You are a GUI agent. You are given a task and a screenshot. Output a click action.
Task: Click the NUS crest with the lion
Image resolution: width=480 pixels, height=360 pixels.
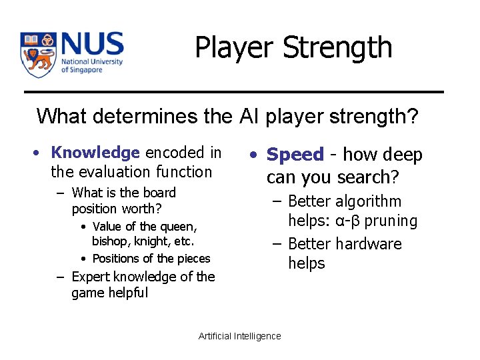click(37, 55)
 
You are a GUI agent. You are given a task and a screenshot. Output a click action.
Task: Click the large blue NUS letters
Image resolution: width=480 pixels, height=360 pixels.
click(91, 45)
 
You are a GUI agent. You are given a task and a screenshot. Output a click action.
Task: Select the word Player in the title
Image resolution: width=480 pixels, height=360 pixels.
click(235, 48)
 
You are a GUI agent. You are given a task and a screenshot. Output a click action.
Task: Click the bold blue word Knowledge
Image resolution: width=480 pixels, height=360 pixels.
click(95, 153)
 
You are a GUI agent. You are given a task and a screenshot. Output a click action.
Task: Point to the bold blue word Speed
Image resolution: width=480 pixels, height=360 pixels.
click(295, 155)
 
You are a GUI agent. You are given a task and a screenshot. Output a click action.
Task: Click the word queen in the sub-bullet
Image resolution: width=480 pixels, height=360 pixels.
click(181, 227)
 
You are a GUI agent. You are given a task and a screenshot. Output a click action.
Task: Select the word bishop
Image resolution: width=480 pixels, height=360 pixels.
click(109, 241)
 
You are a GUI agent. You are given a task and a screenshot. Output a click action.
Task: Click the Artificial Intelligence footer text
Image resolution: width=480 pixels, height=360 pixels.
click(240, 336)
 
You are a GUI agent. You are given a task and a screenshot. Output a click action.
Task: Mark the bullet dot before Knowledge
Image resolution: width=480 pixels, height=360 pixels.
click(41, 153)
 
